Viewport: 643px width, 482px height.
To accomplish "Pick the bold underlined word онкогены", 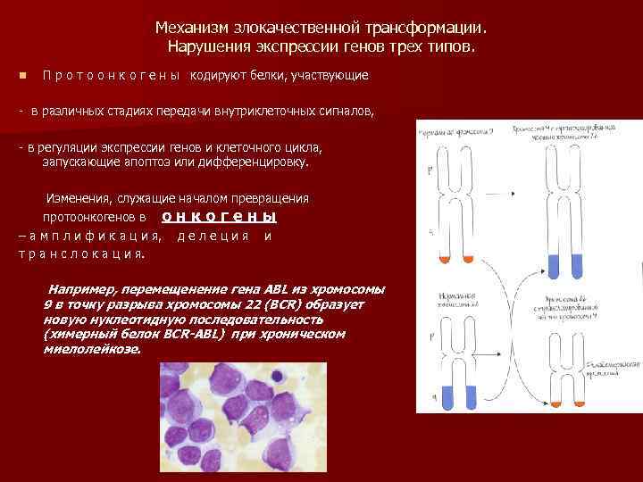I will [x=220, y=217].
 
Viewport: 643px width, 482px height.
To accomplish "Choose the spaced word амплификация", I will [x=95, y=236].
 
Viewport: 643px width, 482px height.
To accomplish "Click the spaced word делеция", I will [x=213, y=236].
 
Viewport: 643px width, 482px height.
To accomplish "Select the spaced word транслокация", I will [x=81, y=253].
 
